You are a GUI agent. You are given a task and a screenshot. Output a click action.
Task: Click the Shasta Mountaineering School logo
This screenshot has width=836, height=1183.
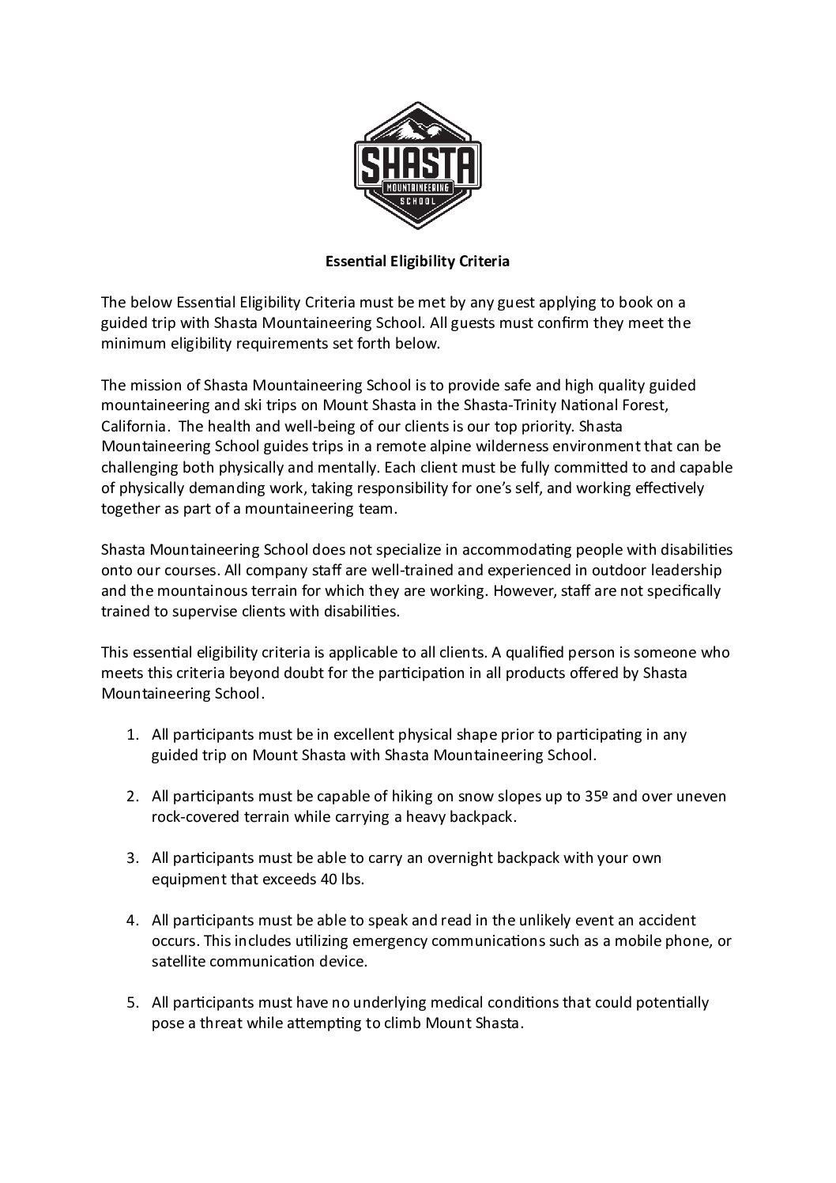pyautogui.click(x=417, y=166)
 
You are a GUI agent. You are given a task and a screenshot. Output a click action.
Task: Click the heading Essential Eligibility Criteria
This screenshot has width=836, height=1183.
pyautogui.click(x=418, y=262)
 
